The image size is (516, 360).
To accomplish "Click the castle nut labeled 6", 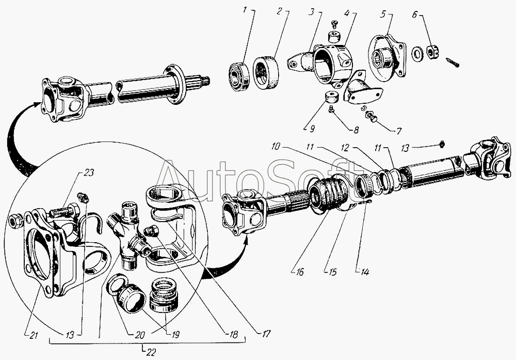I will pos(432,52).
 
